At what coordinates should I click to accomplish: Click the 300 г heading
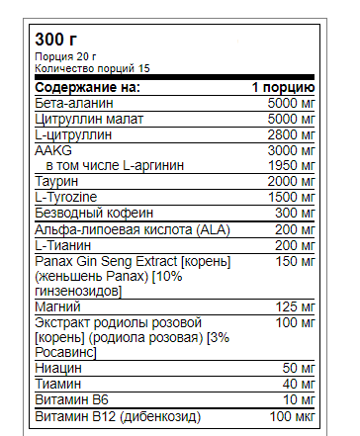point(56,40)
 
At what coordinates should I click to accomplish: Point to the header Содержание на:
point(87,88)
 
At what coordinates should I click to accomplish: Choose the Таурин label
point(56,180)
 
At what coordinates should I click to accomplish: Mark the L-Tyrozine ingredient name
point(66,197)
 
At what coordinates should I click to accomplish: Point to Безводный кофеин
point(92,213)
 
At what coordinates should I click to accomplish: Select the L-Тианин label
point(62,244)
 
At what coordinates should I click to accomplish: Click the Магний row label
point(56,309)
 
